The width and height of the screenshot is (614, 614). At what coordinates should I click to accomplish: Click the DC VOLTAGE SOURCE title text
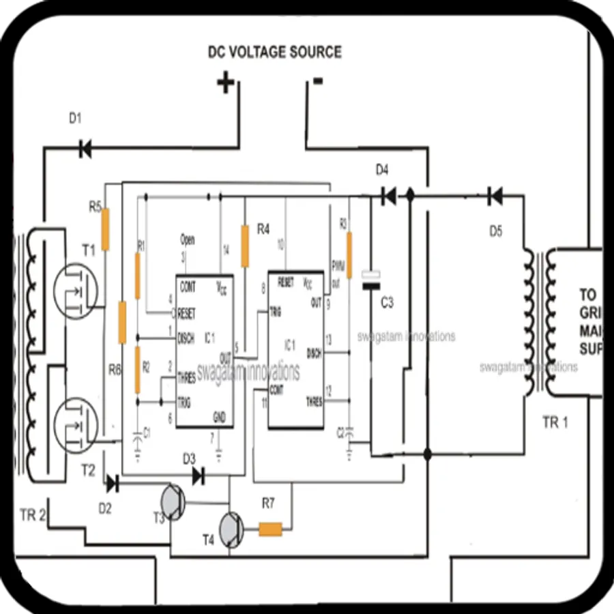(x=274, y=52)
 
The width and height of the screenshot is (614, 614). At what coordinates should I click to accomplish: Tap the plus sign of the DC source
(x=225, y=83)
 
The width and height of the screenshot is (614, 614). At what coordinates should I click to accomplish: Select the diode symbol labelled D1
(x=85, y=148)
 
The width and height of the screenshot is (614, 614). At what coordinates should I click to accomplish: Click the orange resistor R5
(x=106, y=229)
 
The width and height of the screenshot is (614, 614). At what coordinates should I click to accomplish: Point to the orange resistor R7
(x=270, y=529)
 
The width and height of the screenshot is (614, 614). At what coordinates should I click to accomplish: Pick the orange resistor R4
(x=244, y=246)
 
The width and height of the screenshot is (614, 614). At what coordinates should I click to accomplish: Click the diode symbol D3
(x=198, y=476)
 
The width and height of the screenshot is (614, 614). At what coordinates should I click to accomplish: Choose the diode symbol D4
(x=388, y=196)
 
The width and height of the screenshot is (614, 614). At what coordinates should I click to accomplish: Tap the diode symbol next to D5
(x=495, y=196)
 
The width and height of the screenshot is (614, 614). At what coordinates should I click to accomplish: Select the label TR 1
(x=555, y=422)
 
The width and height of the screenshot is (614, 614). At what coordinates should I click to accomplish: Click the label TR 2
(x=32, y=516)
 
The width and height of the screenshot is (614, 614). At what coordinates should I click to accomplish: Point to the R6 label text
(x=115, y=370)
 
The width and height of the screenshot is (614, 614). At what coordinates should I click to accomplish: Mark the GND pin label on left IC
(x=219, y=416)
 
